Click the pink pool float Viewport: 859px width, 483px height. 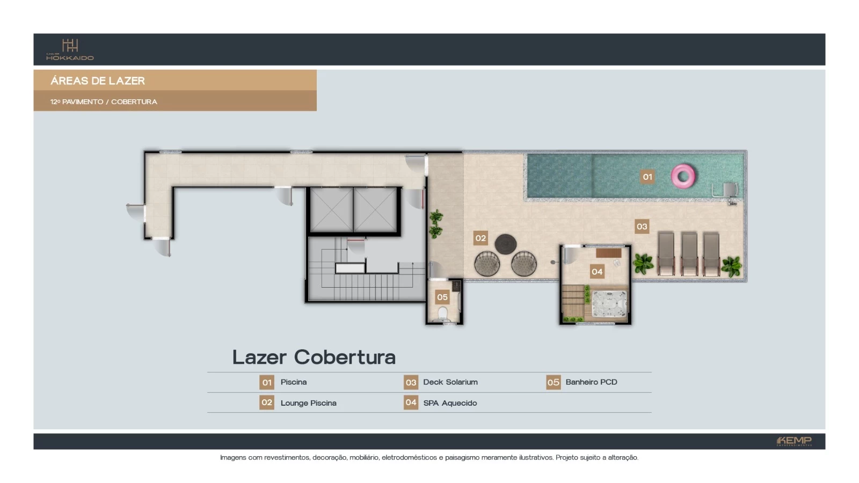click(x=683, y=176)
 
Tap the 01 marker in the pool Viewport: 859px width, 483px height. click(x=647, y=177)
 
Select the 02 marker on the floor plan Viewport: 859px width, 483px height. click(x=481, y=238)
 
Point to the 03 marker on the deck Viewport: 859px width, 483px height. click(x=642, y=226)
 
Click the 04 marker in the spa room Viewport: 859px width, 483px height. click(x=597, y=272)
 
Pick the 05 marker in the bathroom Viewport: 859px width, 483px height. click(x=442, y=297)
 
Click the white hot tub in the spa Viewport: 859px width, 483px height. click(x=609, y=303)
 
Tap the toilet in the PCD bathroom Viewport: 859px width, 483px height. click(x=442, y=313)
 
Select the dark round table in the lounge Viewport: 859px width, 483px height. click(x=505, y=244)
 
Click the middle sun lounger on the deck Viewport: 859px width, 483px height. click(x=689, y=253)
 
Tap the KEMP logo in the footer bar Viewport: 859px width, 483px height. click(x=794, y=441)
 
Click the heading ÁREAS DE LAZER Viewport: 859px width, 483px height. click(x=98, y=80)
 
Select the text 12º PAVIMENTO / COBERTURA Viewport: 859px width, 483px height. click(x=104, y=101)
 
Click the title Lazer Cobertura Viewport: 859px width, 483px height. click(x=314, y=357)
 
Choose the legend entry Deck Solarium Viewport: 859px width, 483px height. click(x=450, y=382)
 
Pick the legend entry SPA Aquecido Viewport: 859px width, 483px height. click(x=449, y=403)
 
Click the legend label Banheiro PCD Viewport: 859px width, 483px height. click(x=591, y=382)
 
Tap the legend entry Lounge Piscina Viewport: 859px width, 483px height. click(x=308, y=403)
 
